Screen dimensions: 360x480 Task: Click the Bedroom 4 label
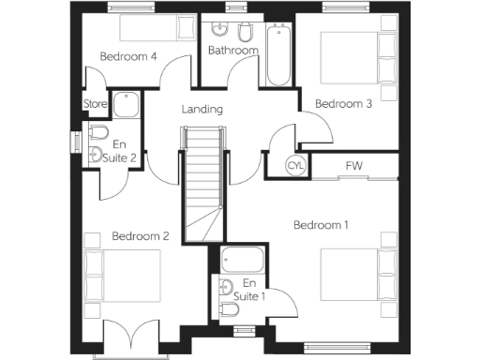click(128, 57)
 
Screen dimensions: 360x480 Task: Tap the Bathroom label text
click(232, 51)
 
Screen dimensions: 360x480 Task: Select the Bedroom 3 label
click(343, 104)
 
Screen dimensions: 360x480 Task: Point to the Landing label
click(202, 110)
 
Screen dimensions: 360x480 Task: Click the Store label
click(96, 104)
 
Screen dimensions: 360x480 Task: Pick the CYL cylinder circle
click(296, 167)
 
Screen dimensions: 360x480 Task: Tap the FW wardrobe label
click(353, 167)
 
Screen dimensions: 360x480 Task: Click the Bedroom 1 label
click(321, 225)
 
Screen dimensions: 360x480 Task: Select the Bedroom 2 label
click(140, 236)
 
